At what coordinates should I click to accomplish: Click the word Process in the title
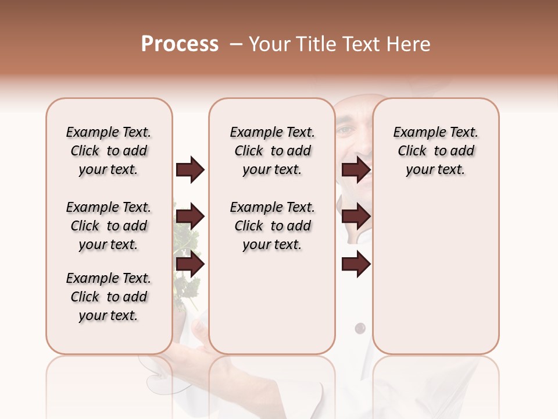coord(180,44)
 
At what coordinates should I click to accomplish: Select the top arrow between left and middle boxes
coord(190,169)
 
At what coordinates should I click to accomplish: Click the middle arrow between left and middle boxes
coord(190,217)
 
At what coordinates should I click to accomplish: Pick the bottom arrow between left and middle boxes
coord(190,265)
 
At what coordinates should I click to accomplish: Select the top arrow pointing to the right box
coord(356,169)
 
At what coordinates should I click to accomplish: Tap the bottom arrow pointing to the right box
coord(356,265)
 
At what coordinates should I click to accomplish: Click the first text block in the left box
coord(109,151)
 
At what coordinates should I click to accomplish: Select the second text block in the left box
coord(109,226)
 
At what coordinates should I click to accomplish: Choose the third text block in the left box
coord(109,297)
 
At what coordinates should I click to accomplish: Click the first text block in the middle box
coord(272,151)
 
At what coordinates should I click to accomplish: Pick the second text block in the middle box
coord(272,226)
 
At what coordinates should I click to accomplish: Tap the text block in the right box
coord(435,151)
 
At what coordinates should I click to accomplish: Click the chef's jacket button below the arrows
coord(360,328)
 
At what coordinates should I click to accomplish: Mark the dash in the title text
coord(235,44)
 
